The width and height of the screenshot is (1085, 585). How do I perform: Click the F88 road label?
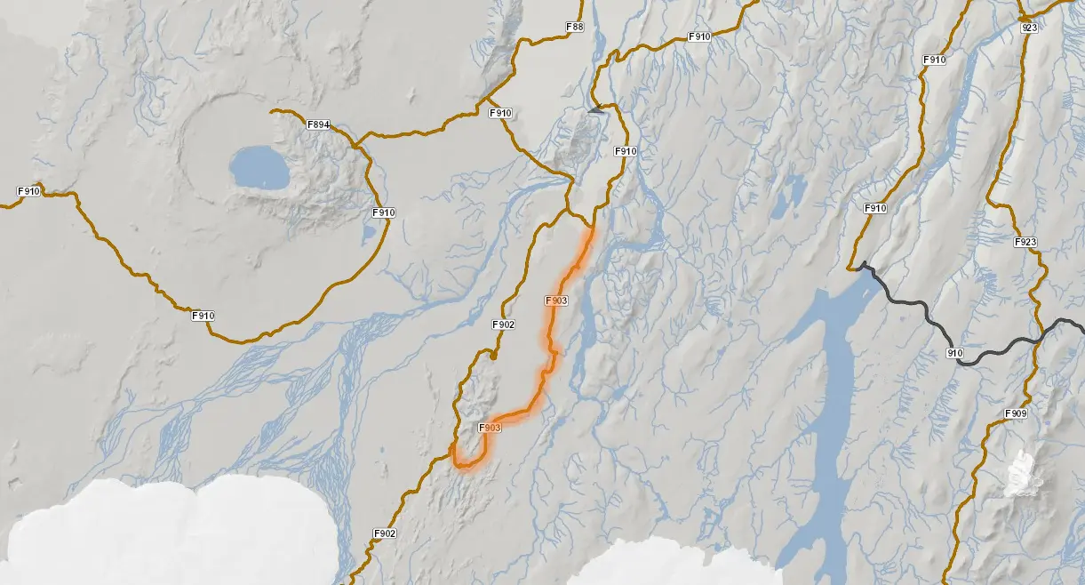(x=575, y=28)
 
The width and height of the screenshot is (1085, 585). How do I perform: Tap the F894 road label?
(x=319, y=124)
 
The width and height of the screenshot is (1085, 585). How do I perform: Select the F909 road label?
(x=1016, y=413)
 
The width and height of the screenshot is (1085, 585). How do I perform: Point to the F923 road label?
(x=1025, y=242)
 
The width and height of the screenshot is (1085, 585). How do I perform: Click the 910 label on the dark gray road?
(x=955, y=353)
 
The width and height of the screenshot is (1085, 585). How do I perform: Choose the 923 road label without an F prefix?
(x=1030, y=28)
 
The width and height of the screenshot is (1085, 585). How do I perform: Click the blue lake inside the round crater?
(x=259, y=167)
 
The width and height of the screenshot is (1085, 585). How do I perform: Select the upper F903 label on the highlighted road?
(x=555, y=301)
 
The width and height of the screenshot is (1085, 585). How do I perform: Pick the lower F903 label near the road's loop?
(x=490, y=429)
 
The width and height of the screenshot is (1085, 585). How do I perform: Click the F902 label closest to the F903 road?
(x=503, y=325)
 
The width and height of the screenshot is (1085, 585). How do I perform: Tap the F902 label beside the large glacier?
(x=384, y=533)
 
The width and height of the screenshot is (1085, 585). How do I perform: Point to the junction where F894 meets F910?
(x=355, y=142)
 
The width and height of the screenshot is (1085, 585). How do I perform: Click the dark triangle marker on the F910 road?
(x=595, y=110)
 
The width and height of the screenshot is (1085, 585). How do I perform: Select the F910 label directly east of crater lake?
(x=383, y=212)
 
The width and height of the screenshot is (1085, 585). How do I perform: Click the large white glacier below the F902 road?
(x=169, y=533)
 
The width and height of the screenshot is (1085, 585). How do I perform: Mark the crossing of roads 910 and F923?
(x=1038, y=340)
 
